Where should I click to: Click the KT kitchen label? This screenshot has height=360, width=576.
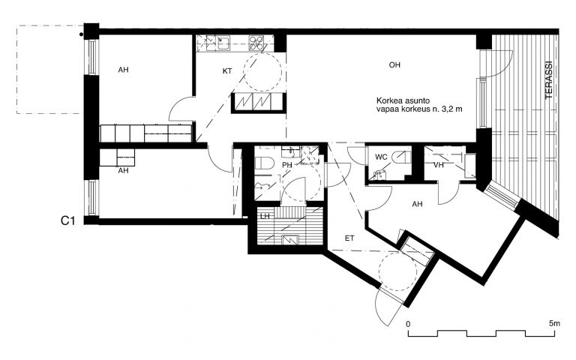click(x=227, y=71)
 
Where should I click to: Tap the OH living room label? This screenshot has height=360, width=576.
click(x=394, y=65)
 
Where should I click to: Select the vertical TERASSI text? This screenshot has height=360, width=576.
click(x=549, y=79)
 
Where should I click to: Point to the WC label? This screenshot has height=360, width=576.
click(x=381, y=157)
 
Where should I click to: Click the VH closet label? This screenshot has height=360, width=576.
click(x=439, y=165)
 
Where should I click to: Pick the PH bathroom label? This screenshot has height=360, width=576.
click(x=287, y=165)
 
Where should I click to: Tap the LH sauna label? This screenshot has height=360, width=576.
click(x=265, y=216)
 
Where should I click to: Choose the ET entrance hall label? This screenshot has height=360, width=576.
click(x=349, y=238)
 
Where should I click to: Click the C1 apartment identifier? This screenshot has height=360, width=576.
click(x=68, y=220)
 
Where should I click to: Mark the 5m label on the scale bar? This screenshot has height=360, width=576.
click(x=554, y=324)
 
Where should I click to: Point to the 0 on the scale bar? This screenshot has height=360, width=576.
click(x=408, y=324)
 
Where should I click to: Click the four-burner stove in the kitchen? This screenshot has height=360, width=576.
click(x=256, y=43)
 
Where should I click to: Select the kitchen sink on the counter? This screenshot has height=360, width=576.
click(x=223, y=43)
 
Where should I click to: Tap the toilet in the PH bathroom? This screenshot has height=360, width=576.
click(x=264, y=163)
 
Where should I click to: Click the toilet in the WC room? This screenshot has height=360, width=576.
click(x=401, y=157)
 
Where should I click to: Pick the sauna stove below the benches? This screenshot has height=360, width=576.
click(x=290, y=240)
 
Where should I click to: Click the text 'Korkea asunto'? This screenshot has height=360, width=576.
click(x=403, y=100)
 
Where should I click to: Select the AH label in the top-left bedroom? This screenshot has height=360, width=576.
click(x=124, y=70)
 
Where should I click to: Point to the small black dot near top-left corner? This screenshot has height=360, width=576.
click(x=81, y=35)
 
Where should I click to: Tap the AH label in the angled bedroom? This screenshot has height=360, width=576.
click(x=417, y=204)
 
